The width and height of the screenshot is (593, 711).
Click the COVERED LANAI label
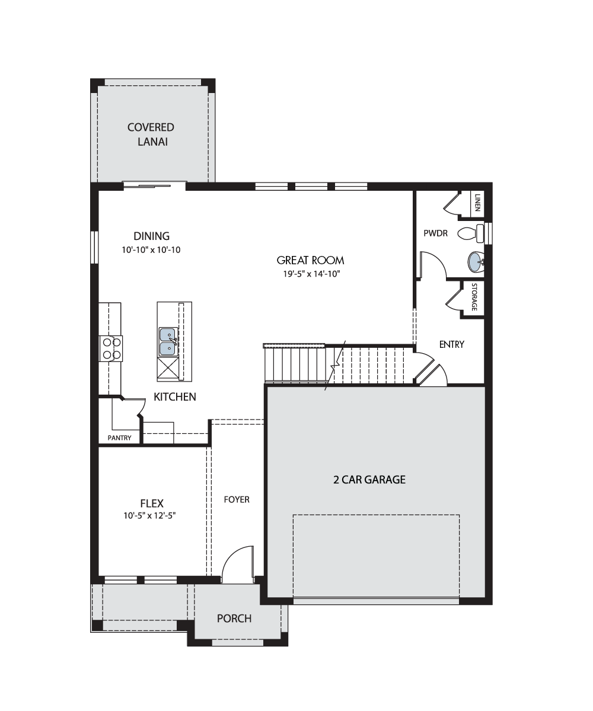pos(151,134)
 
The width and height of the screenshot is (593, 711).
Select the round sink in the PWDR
pos(476,262)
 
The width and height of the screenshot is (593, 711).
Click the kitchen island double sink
pos(168,341)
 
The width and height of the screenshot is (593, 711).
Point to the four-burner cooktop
pos(111,348)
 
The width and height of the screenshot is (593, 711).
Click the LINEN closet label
pos(477,202)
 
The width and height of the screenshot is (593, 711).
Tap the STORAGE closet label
pos(474,297)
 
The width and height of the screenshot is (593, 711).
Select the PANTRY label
pos(119,438)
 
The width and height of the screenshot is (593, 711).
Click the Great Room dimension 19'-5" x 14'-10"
pos(311,274)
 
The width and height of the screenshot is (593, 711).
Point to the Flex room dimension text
pos(149,515)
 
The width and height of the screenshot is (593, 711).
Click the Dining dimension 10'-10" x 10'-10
pos(151,249)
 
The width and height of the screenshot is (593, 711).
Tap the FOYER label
pos(237,499)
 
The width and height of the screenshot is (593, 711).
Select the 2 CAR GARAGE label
pos(369,480)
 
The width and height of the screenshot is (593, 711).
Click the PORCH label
pos(234,619)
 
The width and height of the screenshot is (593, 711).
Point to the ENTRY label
pos(451,345)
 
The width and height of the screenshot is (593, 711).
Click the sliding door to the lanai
pos(154,186)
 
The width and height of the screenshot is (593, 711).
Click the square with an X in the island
pos(168,369)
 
